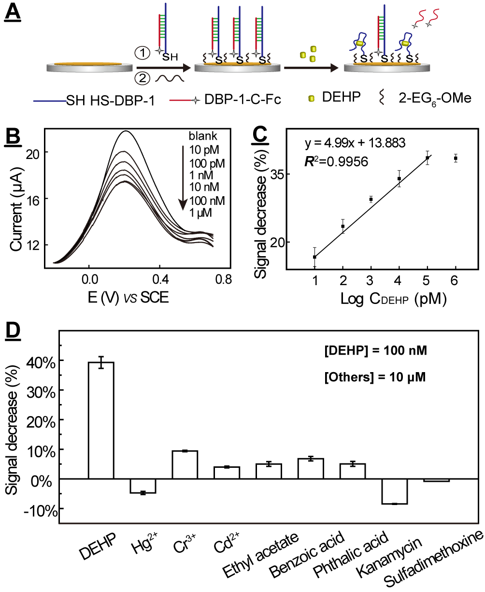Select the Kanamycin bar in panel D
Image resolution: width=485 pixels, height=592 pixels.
(395, 491)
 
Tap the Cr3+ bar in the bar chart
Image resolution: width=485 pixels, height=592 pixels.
(185, 464)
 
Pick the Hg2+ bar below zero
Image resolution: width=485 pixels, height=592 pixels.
(143, 486)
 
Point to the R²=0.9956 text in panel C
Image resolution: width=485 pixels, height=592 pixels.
(336, 161)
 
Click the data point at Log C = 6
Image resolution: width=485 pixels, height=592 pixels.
(456, 159)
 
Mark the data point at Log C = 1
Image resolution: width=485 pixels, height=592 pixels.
(314, 257)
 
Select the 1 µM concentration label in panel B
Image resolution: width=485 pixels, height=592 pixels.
(200, 213)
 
